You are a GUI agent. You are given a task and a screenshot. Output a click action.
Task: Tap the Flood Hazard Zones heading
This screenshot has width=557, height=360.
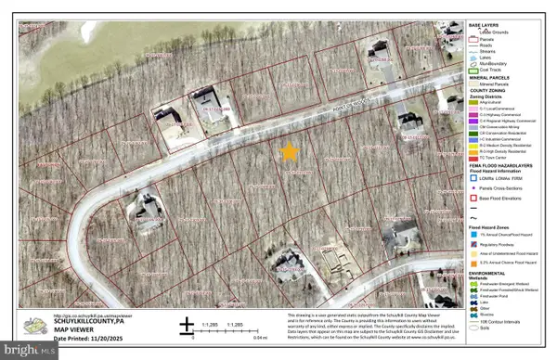point(493,225)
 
